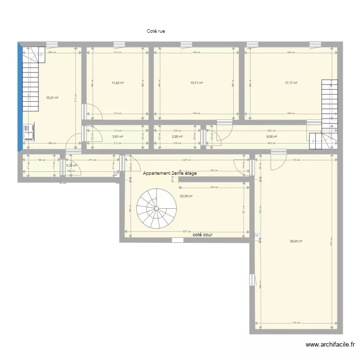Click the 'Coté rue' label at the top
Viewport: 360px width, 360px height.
pos(156,31)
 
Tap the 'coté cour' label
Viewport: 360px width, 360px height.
pos(202,235)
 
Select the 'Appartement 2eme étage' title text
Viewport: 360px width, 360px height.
pos(169,173)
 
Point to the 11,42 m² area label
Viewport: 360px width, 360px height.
pos(118,83)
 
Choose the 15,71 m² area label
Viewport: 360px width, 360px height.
pos(196,83)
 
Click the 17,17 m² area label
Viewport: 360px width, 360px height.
pos(291,83)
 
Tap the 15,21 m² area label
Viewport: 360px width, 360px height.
pos(52,97)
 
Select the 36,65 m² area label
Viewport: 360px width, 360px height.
pos(296,241)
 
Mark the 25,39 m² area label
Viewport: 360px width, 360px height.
pos(186,196)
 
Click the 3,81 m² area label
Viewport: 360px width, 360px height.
pos(118,136)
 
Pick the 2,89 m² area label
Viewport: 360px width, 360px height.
pos(177,136)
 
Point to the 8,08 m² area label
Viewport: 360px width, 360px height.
pos(272,136)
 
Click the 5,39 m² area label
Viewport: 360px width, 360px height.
pos(72,166)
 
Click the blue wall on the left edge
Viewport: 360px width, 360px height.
pos(20,96)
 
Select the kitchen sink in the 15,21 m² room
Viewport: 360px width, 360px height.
pos(29,132)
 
